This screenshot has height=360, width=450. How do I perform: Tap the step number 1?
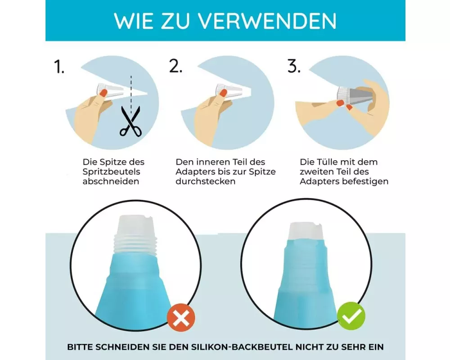[59, 67]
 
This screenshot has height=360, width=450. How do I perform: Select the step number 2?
[175, 66]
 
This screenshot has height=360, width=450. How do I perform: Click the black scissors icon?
[130, 121]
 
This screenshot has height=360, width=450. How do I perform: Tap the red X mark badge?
[181, 318]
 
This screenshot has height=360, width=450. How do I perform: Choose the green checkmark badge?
[351, 316]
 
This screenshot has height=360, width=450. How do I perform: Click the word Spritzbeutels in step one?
[111, 171]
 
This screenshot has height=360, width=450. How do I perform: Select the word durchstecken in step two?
[206, 181]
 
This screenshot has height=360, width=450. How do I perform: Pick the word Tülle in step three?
[327, 162]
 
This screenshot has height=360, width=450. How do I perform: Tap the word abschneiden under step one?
[111, 181]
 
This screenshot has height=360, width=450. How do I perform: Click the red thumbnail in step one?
[103, 92]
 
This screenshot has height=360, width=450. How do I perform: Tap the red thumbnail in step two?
[223, 92]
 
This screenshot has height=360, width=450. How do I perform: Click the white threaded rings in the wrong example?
[135, 244]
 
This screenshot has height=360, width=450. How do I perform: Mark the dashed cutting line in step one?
[131, 95]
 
